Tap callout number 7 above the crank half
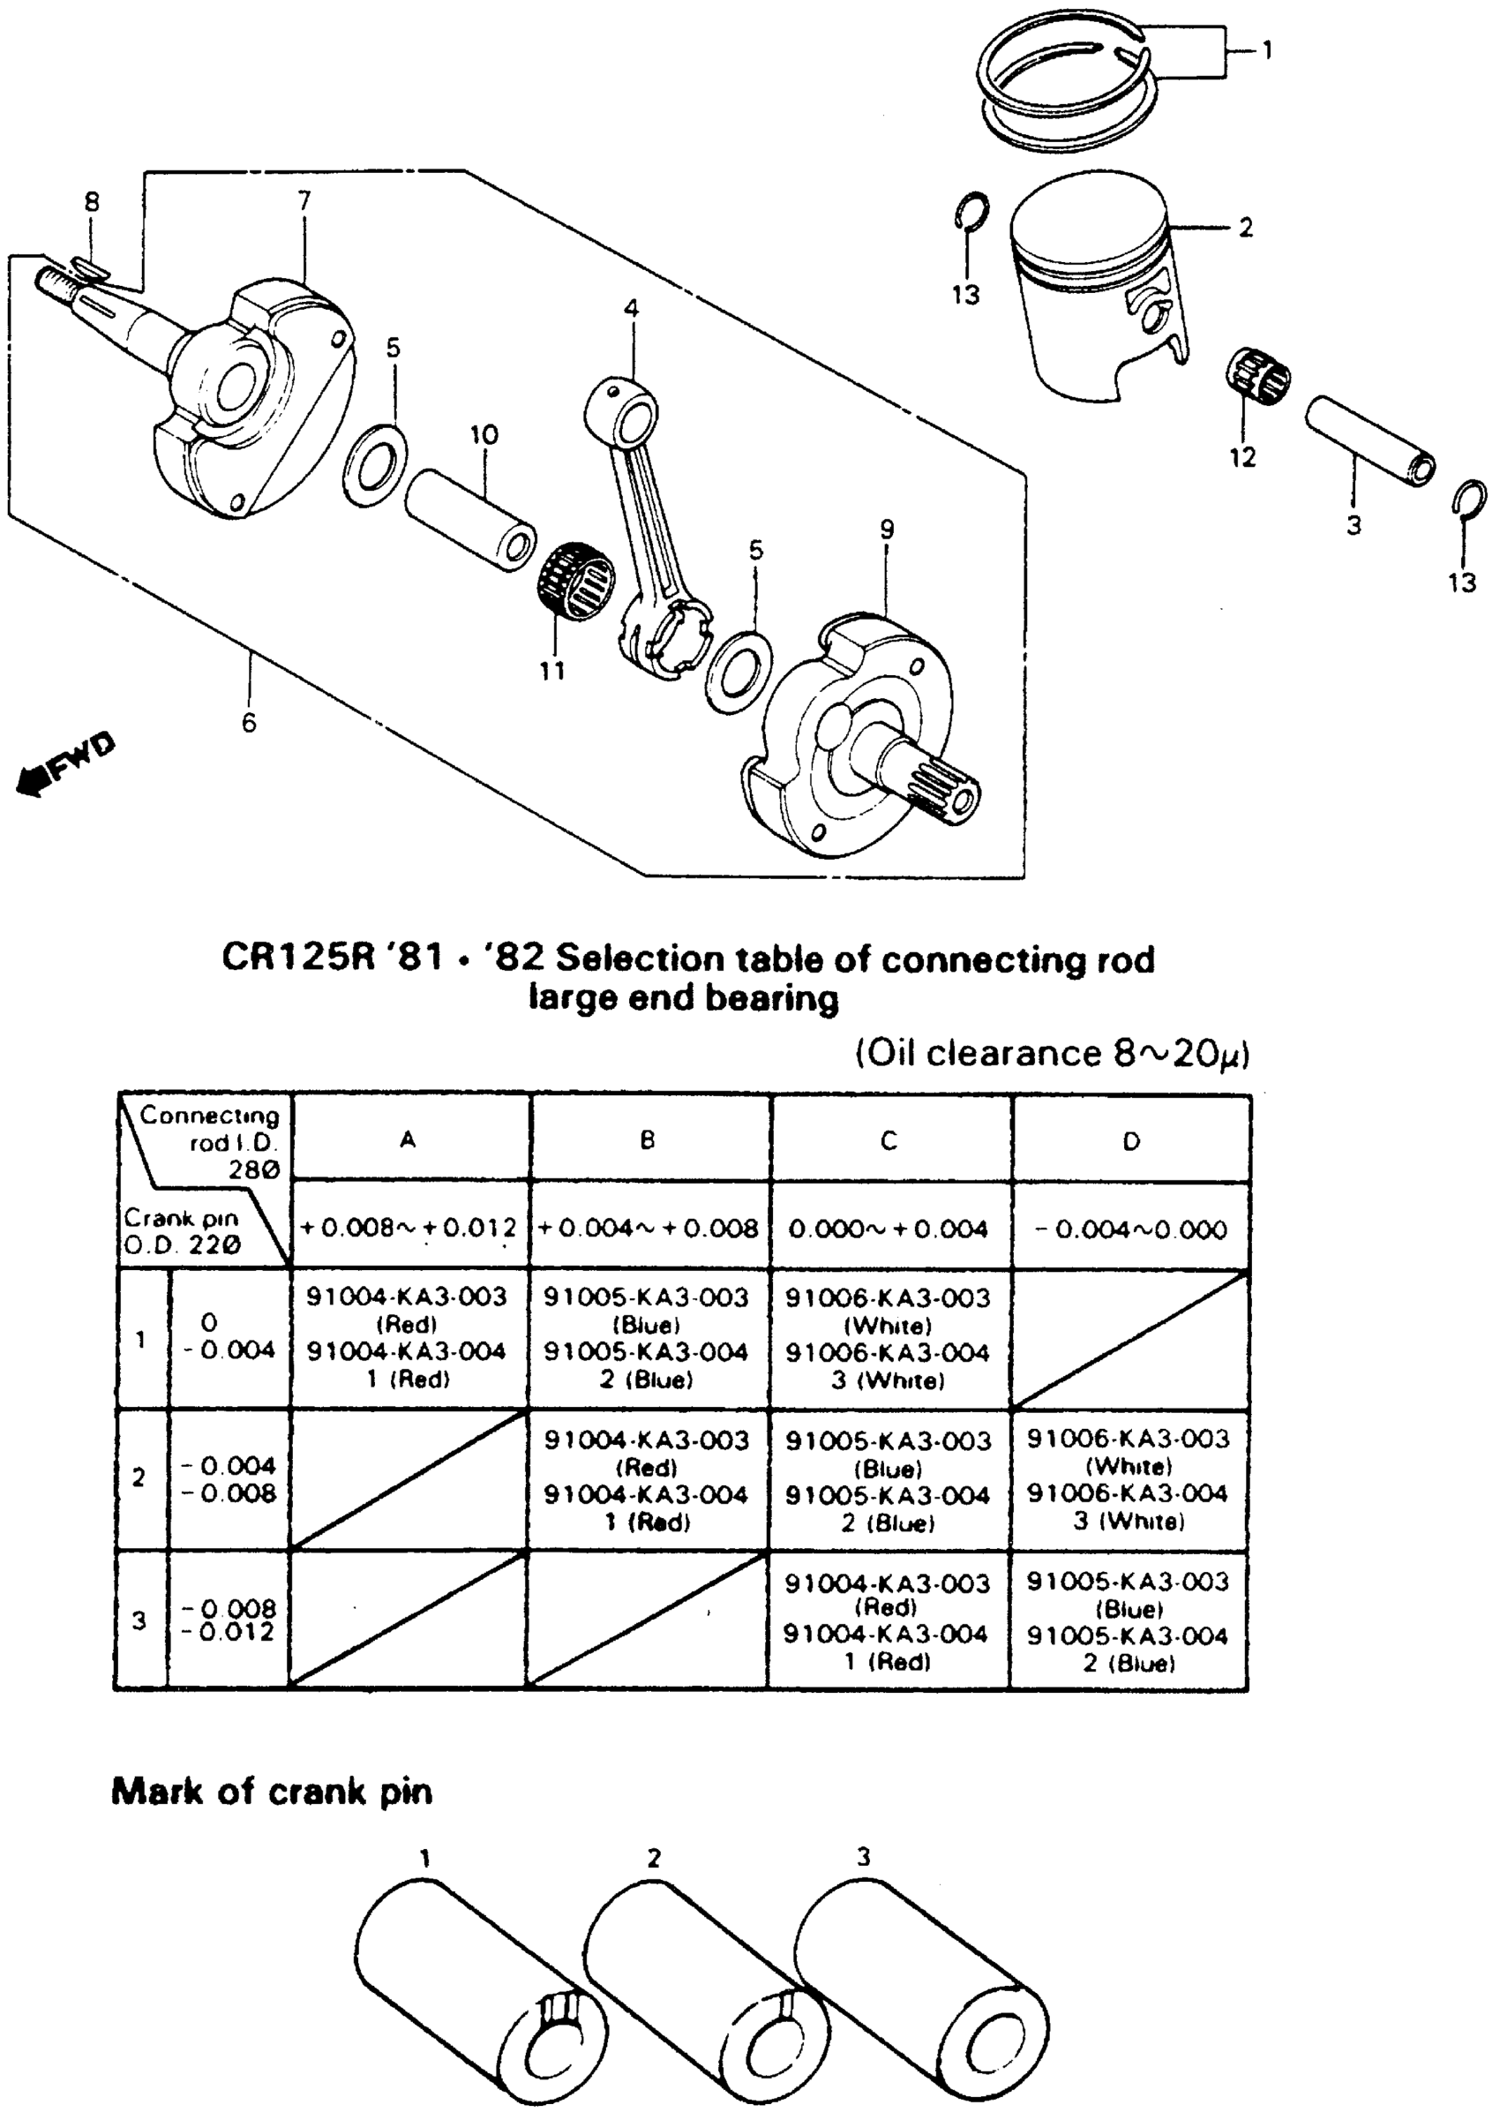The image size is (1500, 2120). (x=304, y=199)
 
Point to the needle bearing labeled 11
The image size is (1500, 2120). (x=576, y=581)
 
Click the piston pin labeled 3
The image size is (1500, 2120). (x=1369, y=439)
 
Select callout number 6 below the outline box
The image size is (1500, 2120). (x=250, y=722)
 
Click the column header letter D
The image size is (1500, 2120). (x=1130, y=1142)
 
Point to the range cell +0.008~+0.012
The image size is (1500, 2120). (x=409, y=1228)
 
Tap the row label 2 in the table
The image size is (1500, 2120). (x=139, y=1478)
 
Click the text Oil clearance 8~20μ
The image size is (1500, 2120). (x=1051, y=1053)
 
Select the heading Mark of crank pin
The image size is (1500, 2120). (x=272, y=1792)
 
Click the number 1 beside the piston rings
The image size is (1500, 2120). (x=1266, y=50)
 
